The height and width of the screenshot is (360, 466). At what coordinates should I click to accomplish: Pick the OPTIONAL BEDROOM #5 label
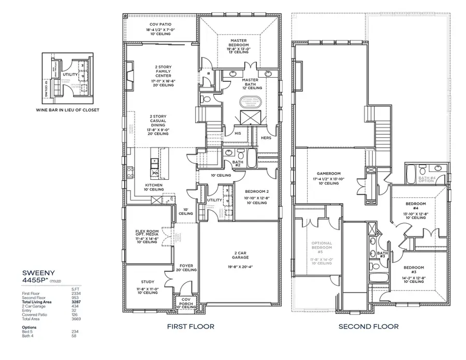point(322,247)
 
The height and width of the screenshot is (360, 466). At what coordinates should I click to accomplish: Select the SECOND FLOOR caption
point(369,326)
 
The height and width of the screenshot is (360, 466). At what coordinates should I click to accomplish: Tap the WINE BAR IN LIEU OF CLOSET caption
point(67,110)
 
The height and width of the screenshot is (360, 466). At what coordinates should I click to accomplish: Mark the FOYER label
point(185,266)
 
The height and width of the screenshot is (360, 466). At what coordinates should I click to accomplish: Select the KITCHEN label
point(154,185)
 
